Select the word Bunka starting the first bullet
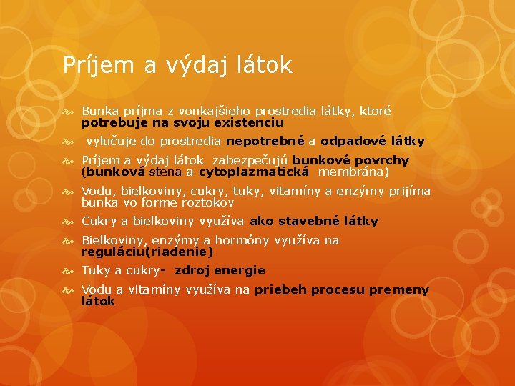pyautogui.click(x=100, y=112)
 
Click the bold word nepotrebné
pyautogui.click(x=265, y=141)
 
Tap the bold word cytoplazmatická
pyautogui.click(x=254, y=172)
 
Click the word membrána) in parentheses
pyautogui.click(x=353, y=172)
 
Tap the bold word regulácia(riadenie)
pyautogui.click(x=147, y=252)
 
